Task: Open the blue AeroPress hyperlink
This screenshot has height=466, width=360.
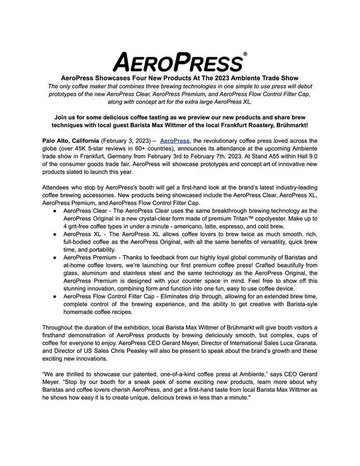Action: pos(175,141)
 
